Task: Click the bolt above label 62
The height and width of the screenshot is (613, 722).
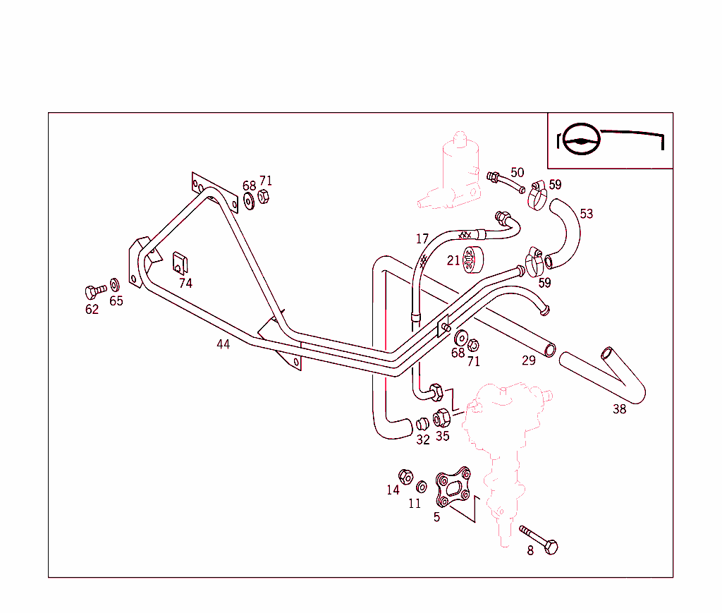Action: click(93, 290)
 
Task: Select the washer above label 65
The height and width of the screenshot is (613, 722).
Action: click(115, 285)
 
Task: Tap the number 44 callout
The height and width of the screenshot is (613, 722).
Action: click(223, 344)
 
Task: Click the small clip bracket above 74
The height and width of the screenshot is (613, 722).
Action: click(180, 262)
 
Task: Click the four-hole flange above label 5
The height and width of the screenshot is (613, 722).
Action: click(453, 487)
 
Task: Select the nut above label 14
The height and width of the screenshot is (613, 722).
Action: click(405, 476)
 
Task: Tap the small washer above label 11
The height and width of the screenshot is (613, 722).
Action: click(422, 486)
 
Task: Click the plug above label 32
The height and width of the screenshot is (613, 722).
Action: click(422, 423)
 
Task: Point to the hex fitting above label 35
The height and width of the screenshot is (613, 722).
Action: click(441, 418)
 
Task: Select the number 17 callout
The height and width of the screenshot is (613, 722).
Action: click(422, 239)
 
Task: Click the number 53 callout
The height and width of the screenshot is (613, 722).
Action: click(586, 213)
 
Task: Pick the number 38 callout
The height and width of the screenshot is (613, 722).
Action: click(619, 409)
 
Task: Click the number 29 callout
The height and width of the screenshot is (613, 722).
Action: click(529, 360)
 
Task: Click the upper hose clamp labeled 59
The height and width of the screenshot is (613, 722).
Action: click(538, 194)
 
